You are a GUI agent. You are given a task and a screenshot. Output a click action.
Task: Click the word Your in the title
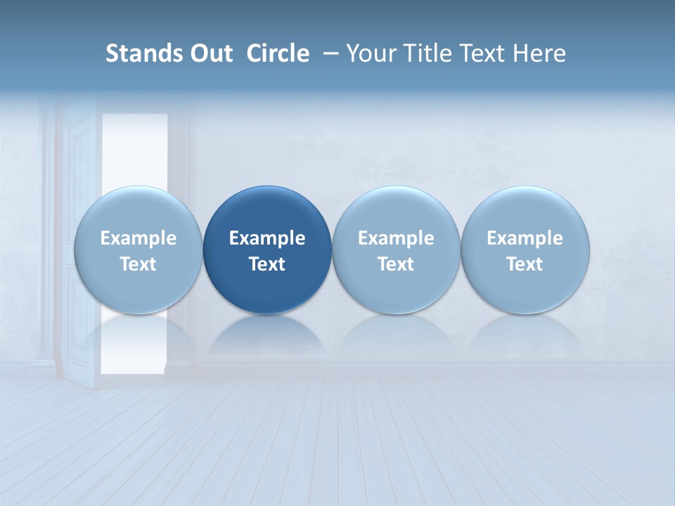pyautogui.click(x=369, y=53)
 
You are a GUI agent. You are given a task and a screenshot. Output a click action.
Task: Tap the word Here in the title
pyautogui.click(x=541, y=53)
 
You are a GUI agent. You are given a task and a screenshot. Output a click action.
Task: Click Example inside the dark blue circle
pyautogui.click(x=267, y=238)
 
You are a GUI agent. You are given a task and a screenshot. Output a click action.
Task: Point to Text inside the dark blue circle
pyautogui.click(x=267, y=264)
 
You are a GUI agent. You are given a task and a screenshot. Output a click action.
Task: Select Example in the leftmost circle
pyautogui.click(x=139, y=238)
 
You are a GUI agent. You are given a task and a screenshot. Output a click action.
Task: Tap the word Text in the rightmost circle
pyautogui.click(x=525, y=264)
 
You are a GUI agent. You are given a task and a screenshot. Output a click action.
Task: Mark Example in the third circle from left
pyautogui.click(x=396, y=238)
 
